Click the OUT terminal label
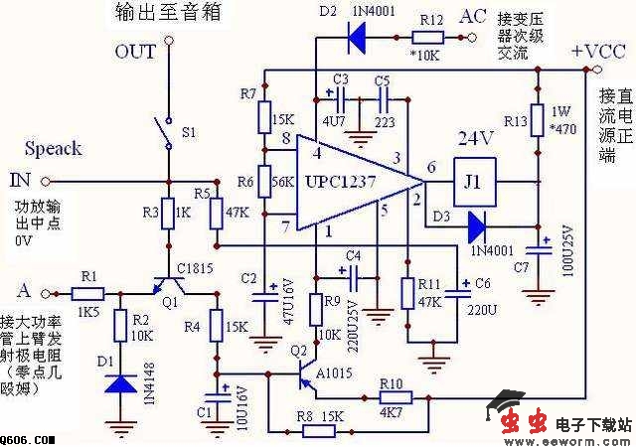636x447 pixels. [136, 52]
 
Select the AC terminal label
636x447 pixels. [474, 17]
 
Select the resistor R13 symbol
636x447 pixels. [537, 120]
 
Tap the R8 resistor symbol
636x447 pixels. [318, 431]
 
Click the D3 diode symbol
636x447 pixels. [474, 223]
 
